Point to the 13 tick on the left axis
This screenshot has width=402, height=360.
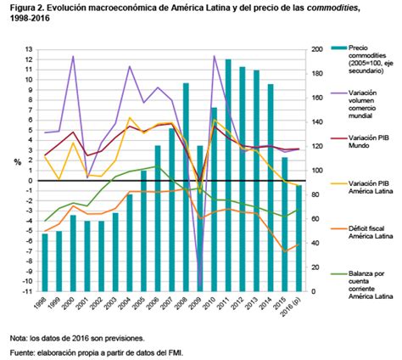(28, 49)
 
